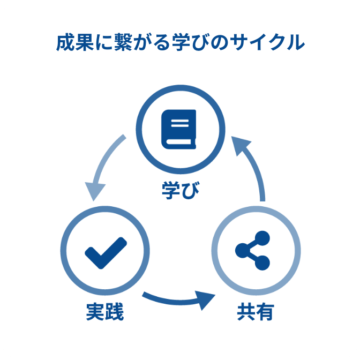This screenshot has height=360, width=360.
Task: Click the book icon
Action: pyautogui.click(x=179, y=129)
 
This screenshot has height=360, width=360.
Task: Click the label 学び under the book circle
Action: pyautogui.click(x=180, y=190)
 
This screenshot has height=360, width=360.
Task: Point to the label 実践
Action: pyautogui.click(x=105, y=312)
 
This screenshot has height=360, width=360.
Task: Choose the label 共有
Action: pyautogui.click(x=254, y=312)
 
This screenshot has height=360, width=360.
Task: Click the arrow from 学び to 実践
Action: pyautogui.click(x=104, y=166)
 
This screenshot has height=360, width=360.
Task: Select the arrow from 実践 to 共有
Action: pyautogui.click(x=177, y=300)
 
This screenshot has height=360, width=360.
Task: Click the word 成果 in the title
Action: pyautogui.click(x=72, y=43)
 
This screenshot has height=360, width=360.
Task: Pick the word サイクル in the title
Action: pyautogui.click(x=271, y=43)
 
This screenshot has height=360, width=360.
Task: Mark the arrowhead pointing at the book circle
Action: pyautogui.click(x=242, y=145)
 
